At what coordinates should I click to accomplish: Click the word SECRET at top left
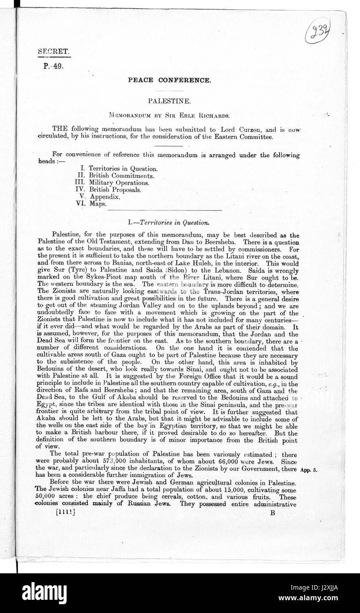point(53,51)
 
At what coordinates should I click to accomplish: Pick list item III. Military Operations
point(113,182)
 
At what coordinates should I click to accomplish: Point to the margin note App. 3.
point(309,470)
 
